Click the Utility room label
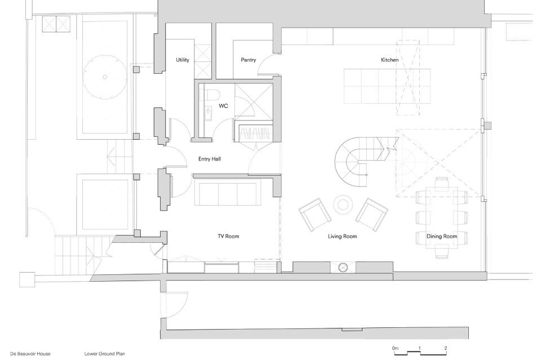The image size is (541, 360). [183, 60]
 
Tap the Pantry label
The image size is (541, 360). [249, 60]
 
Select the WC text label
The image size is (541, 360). [223, 106]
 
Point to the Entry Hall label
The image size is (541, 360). [210, 159]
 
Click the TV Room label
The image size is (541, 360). [228, 236]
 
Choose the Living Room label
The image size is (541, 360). [342, 236]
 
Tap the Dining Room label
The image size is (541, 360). [442, 236]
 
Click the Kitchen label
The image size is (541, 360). [389, 60]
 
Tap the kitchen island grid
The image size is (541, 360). [387, 86]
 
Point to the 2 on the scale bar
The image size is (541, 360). [446, 348]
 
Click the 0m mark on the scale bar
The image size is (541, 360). [395, 348]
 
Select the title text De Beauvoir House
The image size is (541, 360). [30, 354]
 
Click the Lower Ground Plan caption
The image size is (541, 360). [105, 354]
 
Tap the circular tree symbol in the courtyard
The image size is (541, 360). [104, 77]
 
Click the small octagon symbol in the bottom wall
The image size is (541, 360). [343, 268]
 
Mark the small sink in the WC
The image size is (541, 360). [208, 114]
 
